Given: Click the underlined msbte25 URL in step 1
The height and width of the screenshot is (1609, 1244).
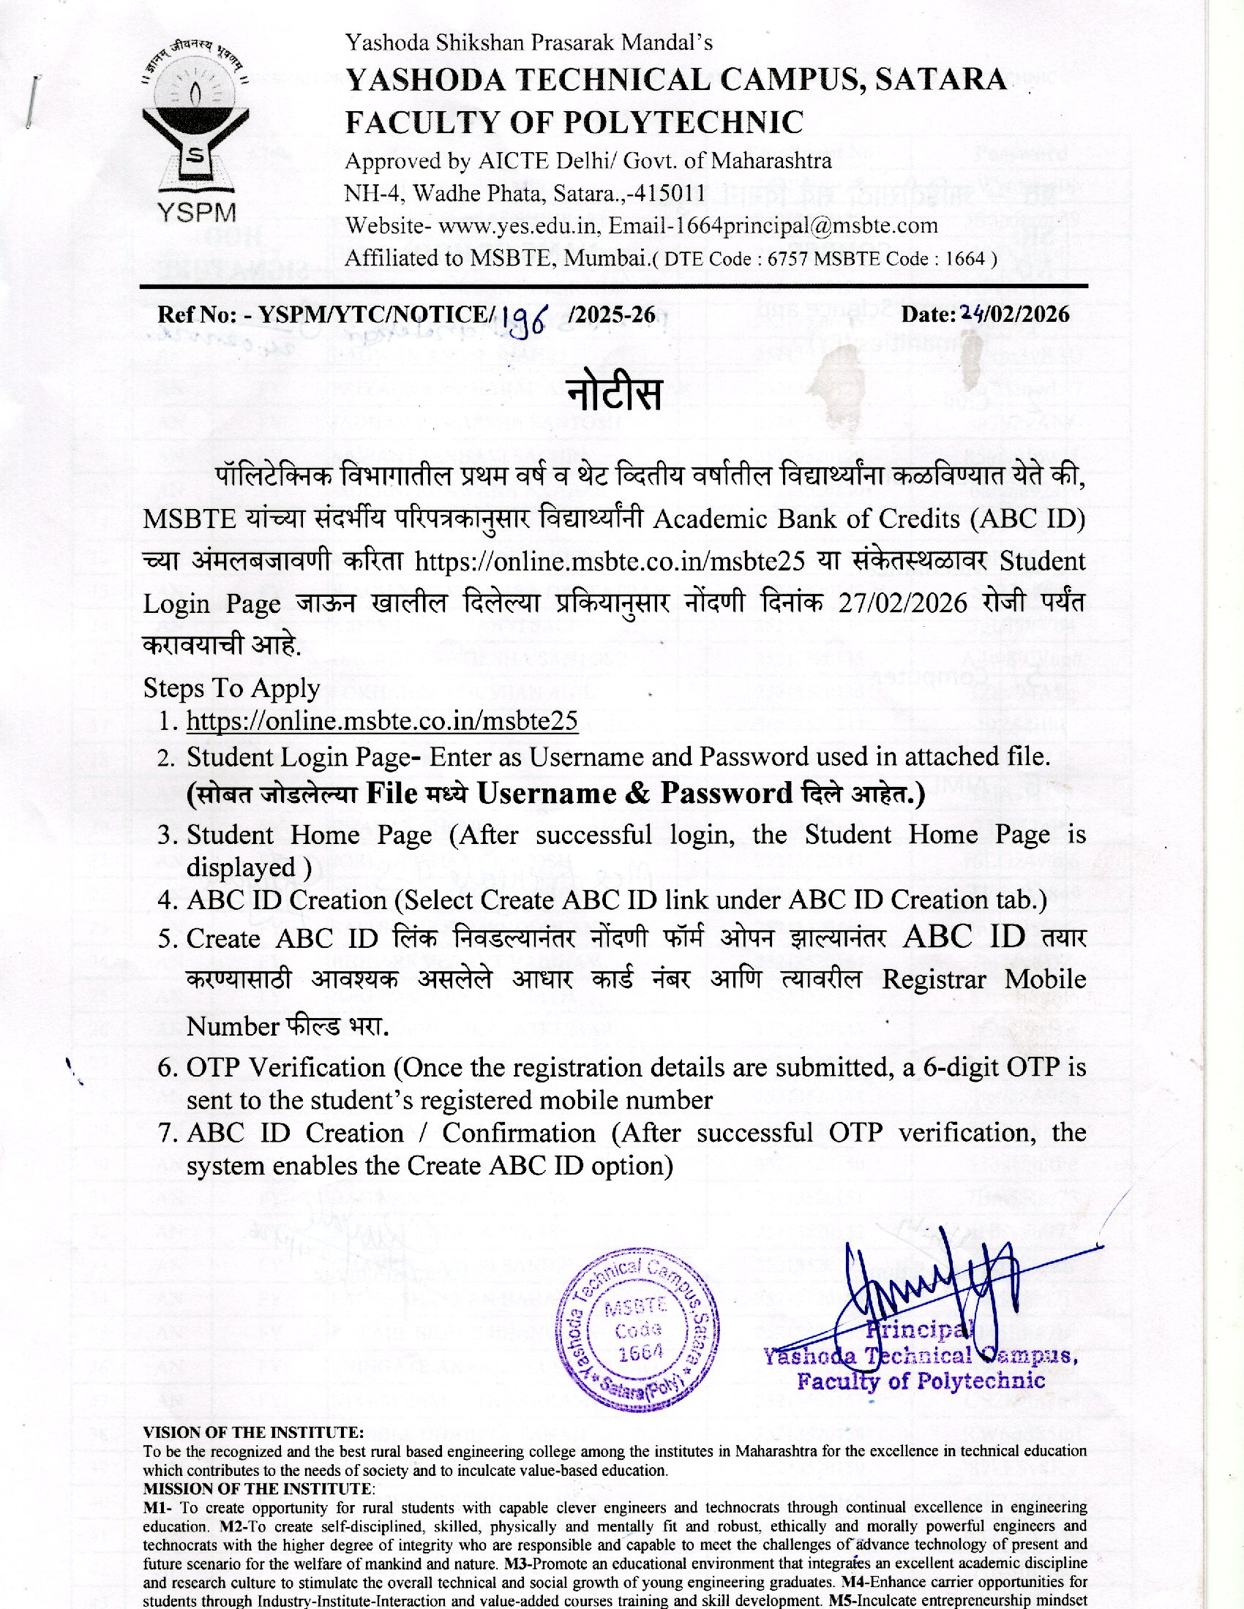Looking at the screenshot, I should [382, 720].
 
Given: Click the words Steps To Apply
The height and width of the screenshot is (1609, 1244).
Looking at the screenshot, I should [231, 688].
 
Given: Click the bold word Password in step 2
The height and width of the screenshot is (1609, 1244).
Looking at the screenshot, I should [725, 793].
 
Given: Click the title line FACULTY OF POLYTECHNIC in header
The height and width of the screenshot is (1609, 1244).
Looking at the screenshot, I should [574, 121].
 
